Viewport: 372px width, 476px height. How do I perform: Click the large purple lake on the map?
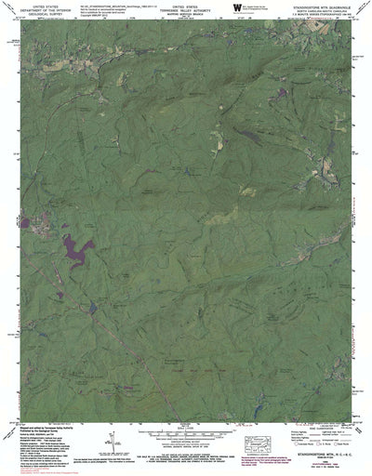pyautogui.click(x=77, y=249)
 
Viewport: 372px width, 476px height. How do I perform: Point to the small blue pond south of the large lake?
pyautogui.click(x=92, y=305)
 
